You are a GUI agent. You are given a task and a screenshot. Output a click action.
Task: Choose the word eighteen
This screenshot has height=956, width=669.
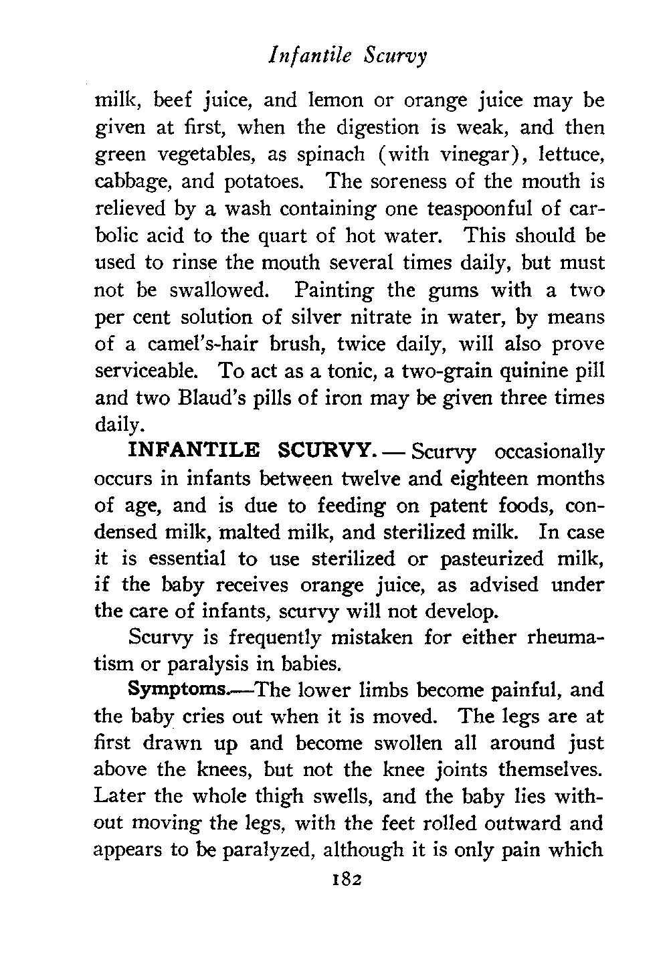[486, 478]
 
